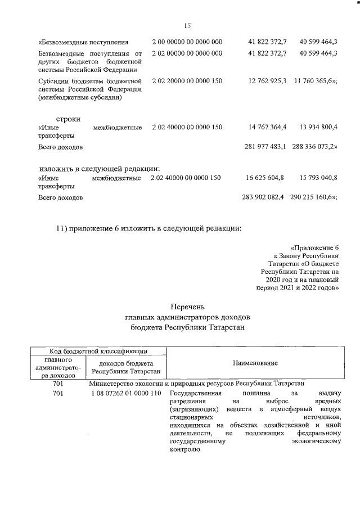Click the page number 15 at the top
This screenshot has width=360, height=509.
coord(187,25)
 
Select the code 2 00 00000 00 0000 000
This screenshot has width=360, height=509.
coord(187,42)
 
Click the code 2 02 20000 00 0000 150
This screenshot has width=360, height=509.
coord(187,81)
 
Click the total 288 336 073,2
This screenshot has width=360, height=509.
coord(314,147)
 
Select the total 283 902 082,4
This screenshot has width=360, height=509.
coord(262,197)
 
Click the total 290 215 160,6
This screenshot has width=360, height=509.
coord(313,197)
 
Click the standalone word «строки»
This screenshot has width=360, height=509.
coord(68,119)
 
